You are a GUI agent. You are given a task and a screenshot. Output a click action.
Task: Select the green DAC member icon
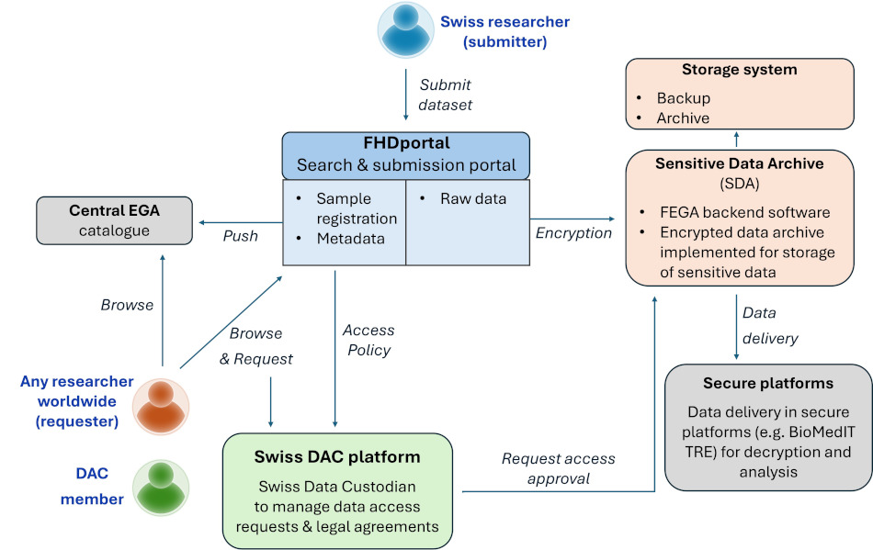coord(160,487)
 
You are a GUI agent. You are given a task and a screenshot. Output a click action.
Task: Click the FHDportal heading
coord(406,144)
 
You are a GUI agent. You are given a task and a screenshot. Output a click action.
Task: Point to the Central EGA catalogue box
coord(114,219)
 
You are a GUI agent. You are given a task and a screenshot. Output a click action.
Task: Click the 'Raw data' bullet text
coord(472,197)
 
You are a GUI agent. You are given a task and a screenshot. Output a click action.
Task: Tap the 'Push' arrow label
coord(241,236)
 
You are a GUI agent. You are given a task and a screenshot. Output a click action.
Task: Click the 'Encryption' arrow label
coord(573,232)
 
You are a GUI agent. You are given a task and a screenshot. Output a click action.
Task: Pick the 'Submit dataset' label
coord(446,95)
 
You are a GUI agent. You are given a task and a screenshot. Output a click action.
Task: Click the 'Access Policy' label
coord(368,340)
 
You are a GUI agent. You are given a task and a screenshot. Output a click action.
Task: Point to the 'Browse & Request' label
coord(255,346)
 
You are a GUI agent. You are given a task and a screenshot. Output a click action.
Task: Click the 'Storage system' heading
coord(739,70)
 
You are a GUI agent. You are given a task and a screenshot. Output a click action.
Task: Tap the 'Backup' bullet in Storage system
coord(683,97)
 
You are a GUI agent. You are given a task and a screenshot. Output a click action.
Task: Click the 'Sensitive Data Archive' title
coord(739,163)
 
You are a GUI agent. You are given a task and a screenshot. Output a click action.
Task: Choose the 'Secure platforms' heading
coord(767,383)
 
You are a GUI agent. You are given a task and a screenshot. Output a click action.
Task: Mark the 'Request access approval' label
coord(558,469)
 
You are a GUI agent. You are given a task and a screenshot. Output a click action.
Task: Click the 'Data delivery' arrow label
coord(769,326)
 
